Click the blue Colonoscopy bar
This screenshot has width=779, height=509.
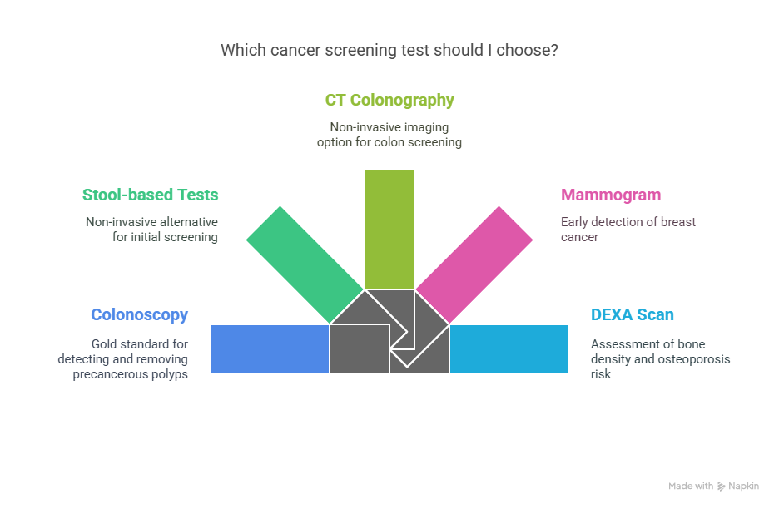tap(270, 349)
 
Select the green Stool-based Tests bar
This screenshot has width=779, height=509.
tap(305, 264)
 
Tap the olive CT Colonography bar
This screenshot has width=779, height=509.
tap(389, 230)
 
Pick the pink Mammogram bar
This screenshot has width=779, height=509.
tap(474, 264)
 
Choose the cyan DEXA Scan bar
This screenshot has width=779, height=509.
tap(509, 349)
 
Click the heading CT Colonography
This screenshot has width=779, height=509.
tap(389, 101)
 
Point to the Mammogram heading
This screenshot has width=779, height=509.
tap(611, 195)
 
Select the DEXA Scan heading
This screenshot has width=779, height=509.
tap(632, 314)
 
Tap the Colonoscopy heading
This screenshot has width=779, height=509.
tap(140, 315)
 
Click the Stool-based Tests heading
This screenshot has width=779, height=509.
tap(150, 195)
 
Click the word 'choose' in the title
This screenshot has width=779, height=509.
tap(528, 50)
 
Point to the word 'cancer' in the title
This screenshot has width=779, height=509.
tap(295, 51)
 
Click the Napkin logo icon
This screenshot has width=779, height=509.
tap(721, 487)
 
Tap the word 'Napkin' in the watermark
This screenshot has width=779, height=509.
tap(744, 487)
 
